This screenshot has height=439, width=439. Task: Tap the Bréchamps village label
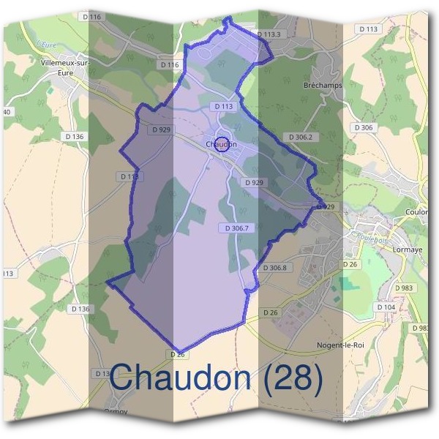coord(322,86)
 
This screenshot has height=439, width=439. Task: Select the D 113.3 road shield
coord(269,34)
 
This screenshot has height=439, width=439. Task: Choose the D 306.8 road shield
coord(274,268)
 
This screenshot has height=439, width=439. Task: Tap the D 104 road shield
coord(406,307)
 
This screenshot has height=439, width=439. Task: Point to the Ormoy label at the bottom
coord(116,411)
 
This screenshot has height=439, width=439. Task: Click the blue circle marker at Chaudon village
coord(223,143)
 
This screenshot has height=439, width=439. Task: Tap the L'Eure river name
coord(45,44)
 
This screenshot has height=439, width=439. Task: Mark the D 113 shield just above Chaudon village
coord(225,106)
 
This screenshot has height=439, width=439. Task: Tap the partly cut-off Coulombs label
coord(420,212)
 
